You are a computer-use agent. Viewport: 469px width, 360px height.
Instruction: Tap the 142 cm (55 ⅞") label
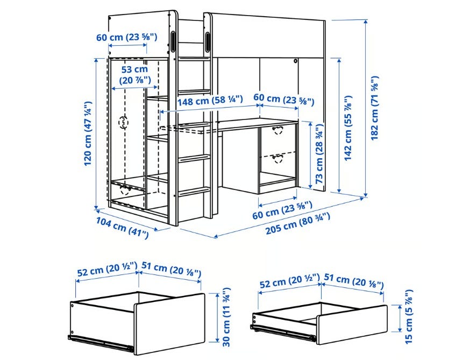(349, 128)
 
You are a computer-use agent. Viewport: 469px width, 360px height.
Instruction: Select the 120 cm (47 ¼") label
(88, 133)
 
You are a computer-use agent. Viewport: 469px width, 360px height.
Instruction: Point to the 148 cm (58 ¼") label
(210, 100)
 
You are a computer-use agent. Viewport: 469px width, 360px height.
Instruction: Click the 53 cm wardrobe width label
(135, 74)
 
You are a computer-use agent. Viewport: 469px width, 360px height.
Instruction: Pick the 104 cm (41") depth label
(122, 228)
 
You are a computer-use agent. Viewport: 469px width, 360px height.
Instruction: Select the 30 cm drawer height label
(226, 317)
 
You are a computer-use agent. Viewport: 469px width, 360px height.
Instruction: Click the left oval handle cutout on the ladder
(174, 41)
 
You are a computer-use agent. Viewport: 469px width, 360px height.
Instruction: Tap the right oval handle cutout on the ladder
(207, 41)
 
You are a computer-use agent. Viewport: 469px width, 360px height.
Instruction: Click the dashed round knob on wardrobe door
(123, 122)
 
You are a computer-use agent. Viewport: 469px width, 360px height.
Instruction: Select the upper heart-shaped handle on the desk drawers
(278, 130)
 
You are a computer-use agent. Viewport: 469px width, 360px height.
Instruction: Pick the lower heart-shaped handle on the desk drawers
(278, 158)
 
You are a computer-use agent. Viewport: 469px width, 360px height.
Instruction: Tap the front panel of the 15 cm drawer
(352, 324)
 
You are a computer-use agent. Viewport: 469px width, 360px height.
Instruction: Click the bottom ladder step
(194, 191)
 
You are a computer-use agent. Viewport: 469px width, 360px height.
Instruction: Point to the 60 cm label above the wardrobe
(127, 37)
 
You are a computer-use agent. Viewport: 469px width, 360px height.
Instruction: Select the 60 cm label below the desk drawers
(282, 210)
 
